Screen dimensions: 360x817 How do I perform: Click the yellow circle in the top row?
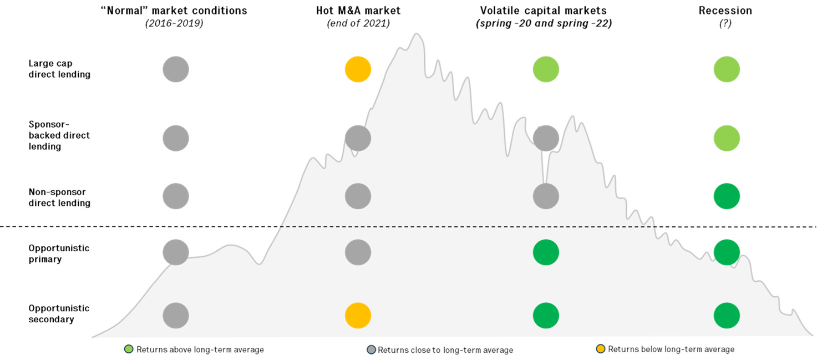(x=358, y=70)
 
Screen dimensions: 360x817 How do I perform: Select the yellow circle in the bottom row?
(x=358, y=316)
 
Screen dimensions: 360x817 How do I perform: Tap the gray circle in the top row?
(x=176, y=69)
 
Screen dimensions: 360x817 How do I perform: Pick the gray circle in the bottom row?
(x=176, y=316)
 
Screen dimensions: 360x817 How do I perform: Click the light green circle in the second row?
(x=727, y=138)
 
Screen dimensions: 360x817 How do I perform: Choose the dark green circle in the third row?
(x=727, y=196)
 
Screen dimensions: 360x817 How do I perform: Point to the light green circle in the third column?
(x=546, y=69)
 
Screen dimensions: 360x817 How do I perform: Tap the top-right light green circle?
(x=727, y=69)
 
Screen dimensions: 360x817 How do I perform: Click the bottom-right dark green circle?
(x=727, y=316)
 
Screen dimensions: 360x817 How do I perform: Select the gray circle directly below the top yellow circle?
(x=358, y=138)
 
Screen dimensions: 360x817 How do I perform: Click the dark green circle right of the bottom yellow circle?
(x=546, y=316)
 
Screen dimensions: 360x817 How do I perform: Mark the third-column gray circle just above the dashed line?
(x=546, y=196)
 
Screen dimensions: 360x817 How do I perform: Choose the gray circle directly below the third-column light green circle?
(x=546, y=138)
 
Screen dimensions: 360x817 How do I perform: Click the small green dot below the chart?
(x=129, y=349)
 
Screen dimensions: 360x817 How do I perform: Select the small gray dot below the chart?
(x=371, y=349)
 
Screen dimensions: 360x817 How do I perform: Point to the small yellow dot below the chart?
(x=600, y=349)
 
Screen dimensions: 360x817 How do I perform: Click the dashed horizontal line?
(x=466, y=226)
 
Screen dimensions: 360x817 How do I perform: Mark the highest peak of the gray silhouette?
(x=417, y=34)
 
